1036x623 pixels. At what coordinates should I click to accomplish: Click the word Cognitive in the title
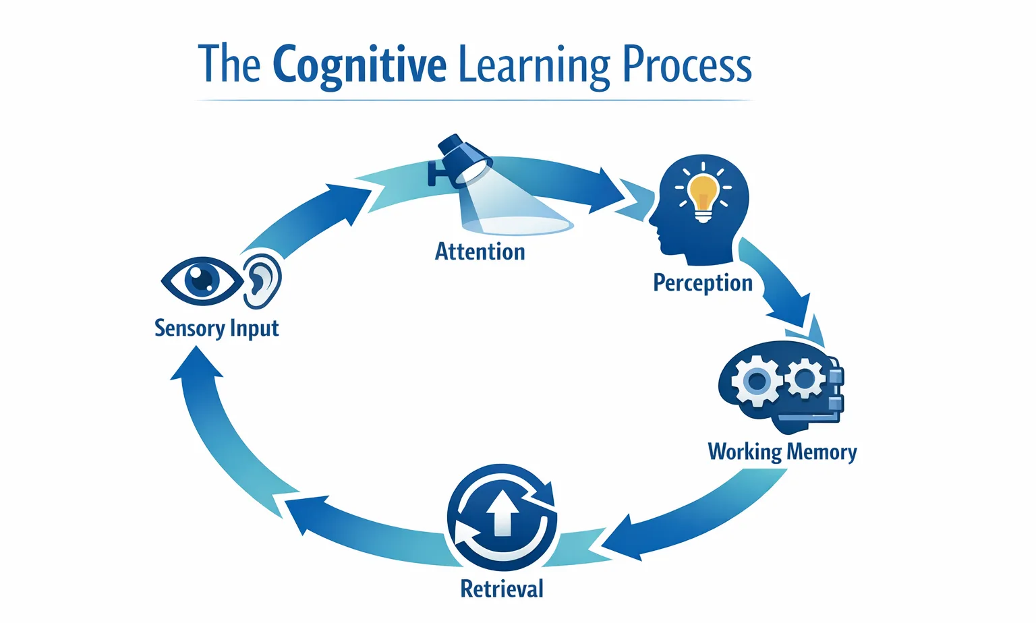click(x=359, y=66)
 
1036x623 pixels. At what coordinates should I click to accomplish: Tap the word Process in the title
click(x=686, y=65)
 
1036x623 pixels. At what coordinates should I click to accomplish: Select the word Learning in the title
click(x=534, y=66)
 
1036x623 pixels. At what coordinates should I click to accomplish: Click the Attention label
click(x=480, y=251)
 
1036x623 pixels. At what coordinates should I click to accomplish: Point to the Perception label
click(x=702, y=283)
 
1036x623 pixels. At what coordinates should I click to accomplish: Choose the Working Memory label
click(x=782, y=451)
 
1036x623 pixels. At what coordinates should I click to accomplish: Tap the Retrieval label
click(x=501, y=589)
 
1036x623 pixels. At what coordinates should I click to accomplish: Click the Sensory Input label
click(x=217, y=328)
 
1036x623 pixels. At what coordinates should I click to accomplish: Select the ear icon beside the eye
click(x=262, y=279)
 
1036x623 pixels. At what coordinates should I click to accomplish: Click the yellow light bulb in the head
click(x=703, y=192)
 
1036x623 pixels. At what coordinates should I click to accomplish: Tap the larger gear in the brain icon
click(x=756, y=381)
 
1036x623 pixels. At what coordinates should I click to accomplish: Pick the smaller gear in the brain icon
click(x=805, y=378)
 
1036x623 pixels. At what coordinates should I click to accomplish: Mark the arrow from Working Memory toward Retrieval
click(x=695, y=519)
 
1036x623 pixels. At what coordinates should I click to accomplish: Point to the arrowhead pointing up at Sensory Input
click(x=196, y=365)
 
